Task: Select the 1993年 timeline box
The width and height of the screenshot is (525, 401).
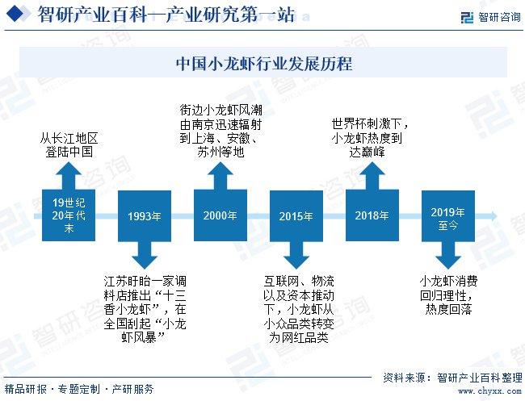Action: point(145,216)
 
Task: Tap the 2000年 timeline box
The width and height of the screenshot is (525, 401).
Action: point(220,215)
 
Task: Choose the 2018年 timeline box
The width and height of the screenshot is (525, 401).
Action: point(372,215)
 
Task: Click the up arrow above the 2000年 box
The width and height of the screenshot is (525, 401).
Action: point(220,175)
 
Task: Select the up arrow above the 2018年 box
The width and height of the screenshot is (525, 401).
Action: point(372,175)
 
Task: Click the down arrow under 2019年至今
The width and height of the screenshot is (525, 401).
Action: point(447,255)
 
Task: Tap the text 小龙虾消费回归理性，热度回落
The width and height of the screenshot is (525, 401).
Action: point(447,294)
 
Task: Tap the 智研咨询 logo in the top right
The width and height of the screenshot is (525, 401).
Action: point(490,17)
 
